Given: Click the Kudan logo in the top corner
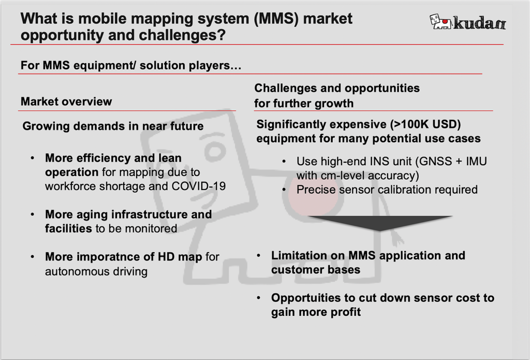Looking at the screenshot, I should click(x=467, y=22).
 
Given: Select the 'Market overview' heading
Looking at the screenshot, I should click(x=66, y=102).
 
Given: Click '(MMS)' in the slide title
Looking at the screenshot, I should click(x=275, y=20).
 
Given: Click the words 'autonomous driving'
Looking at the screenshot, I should click(x=96, y=271).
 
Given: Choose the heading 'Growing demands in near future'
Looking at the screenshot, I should click(x=113, y=126).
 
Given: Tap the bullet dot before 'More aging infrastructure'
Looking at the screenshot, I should click(x=33, y=214).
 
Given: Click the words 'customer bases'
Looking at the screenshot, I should click(x=316, y=269).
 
